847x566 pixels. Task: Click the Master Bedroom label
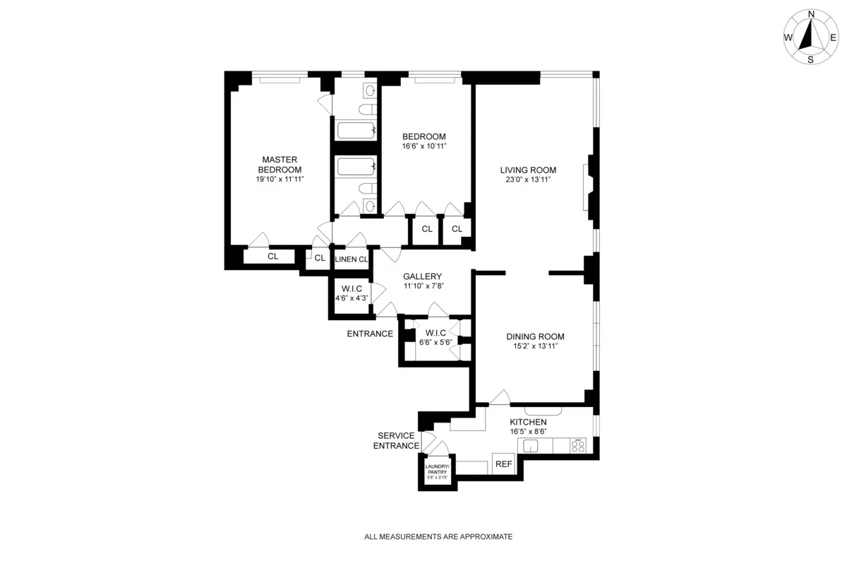[280, 165]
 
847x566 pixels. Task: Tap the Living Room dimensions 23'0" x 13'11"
[528, 179]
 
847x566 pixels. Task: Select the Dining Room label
[535, 336]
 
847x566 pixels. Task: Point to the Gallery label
[422, 276]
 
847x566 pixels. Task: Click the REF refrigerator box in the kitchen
[503, 464]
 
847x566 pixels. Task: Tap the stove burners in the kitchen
[579, 446]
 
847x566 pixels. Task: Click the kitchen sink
[530, 446]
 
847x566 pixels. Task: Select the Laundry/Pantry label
[437, 468]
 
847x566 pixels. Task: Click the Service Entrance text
[395, 440]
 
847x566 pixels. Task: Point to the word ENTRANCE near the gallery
[370, 334]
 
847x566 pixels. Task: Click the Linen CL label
[352, 259]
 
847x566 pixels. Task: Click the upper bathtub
[355, 130]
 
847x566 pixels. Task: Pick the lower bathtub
[355, 167]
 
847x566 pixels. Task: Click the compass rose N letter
[811, 14]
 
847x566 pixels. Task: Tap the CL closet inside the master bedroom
[272, 257]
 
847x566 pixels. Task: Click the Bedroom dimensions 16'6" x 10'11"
[424, 146]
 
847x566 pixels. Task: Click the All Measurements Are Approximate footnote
[438, 537]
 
